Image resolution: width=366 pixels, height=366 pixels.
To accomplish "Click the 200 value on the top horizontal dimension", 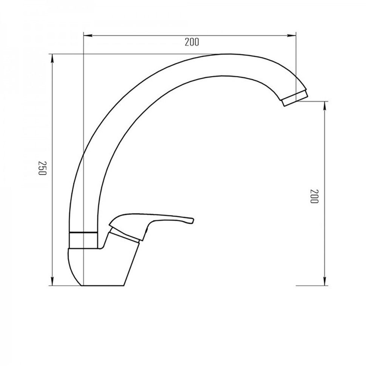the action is click(x=192, y=42).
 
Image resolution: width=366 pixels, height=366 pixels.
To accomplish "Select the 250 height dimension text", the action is click(x=43, y=168).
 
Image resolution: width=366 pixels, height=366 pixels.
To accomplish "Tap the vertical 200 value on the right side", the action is click(x=314, y=196).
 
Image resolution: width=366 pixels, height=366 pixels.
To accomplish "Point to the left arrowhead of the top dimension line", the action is click(x=88, y=36).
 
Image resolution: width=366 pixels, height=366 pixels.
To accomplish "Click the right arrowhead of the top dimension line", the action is click(x=292, y=36).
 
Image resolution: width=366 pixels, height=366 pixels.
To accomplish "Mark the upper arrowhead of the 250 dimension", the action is click(x=52, y=58).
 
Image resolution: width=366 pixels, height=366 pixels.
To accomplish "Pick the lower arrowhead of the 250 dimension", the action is click(x=52, y=281).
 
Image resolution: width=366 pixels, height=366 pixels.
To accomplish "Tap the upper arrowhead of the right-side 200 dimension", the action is click(x=325, y=106).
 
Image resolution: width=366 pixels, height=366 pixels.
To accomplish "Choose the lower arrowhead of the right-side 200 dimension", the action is click(x=325, y=281).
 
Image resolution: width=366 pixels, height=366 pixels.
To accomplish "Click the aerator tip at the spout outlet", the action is click(x=295, y=98).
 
